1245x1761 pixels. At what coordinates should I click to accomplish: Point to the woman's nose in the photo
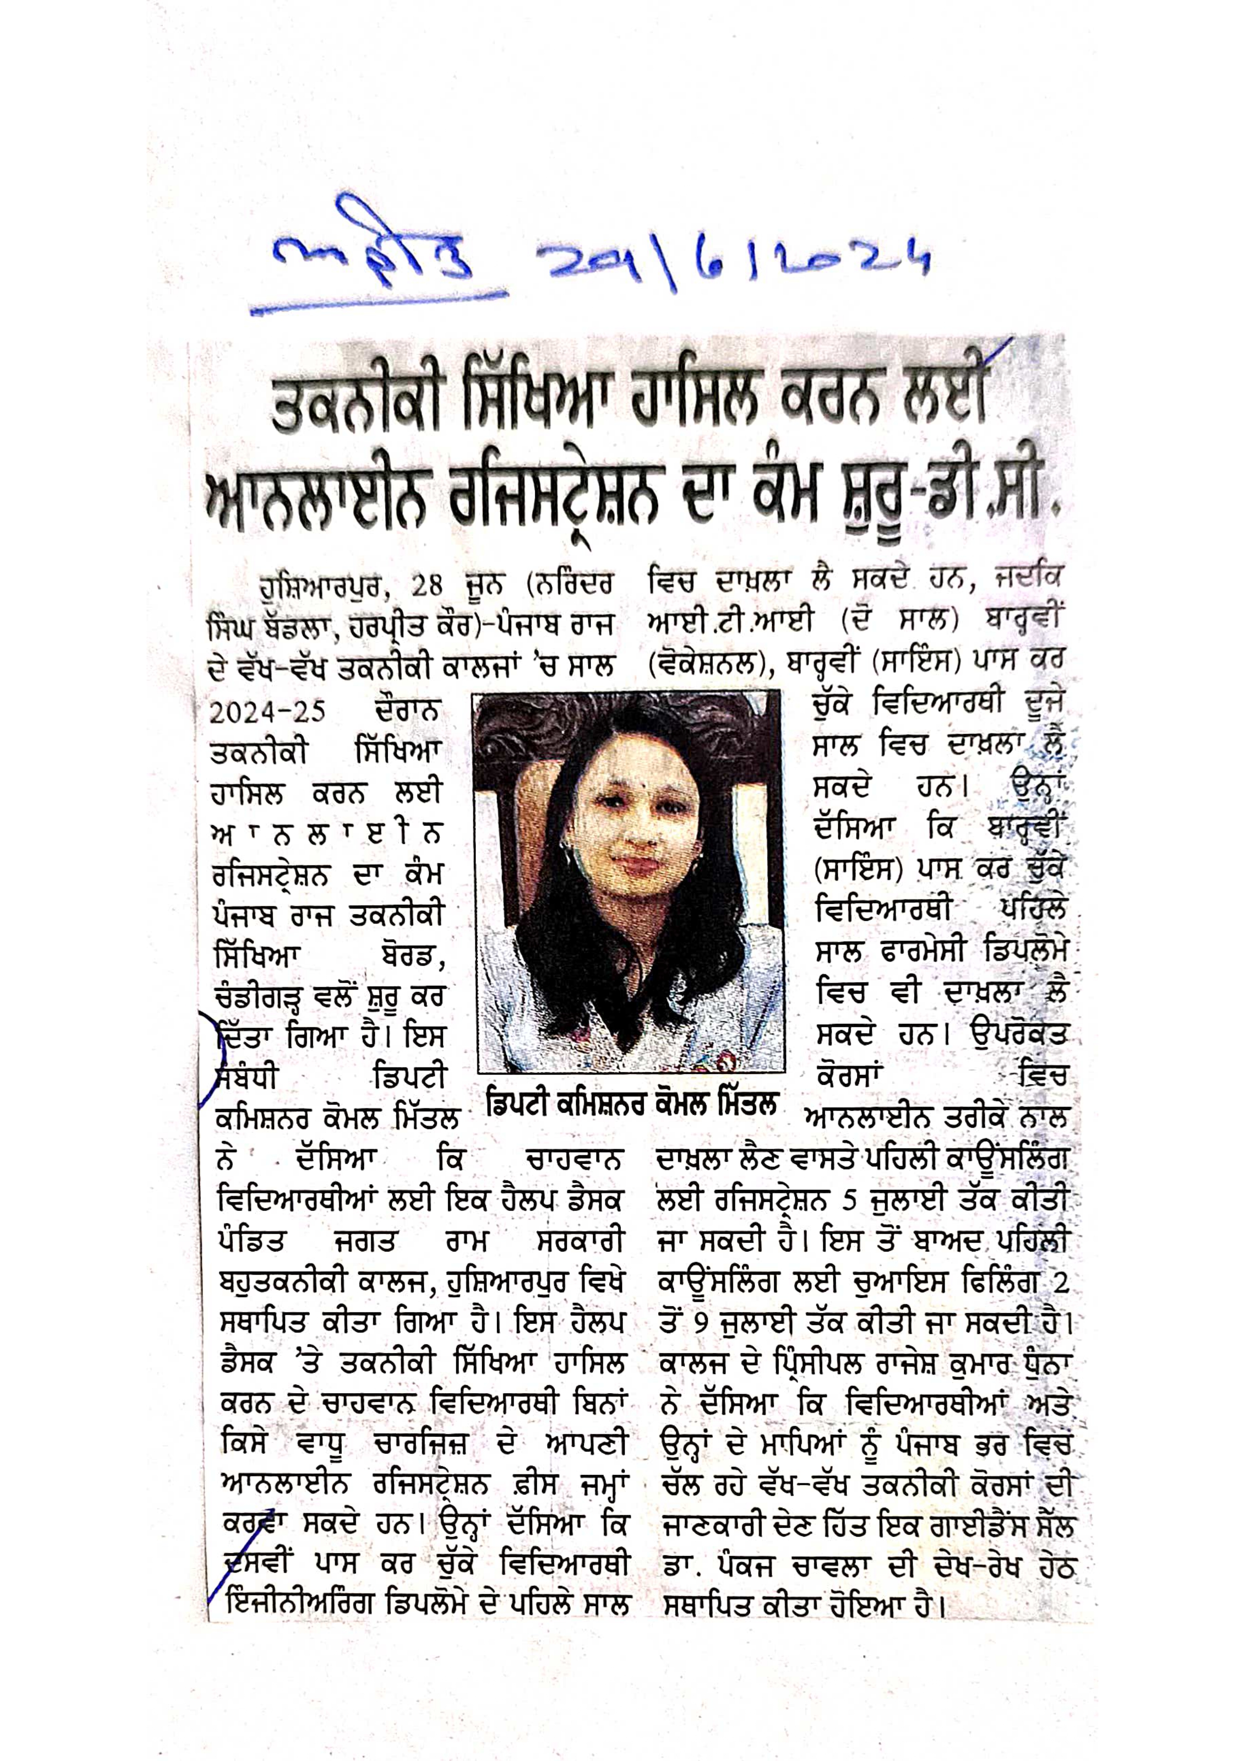coord(631,817)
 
